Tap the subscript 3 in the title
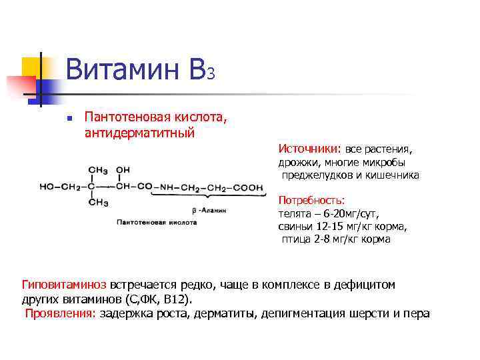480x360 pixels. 211,74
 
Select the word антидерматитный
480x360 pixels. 139,133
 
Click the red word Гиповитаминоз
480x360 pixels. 65,285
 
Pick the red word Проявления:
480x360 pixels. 61,313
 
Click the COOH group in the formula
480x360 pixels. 248,188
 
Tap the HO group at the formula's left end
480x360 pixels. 48,187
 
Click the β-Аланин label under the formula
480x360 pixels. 209,209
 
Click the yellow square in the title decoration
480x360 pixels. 31,67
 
